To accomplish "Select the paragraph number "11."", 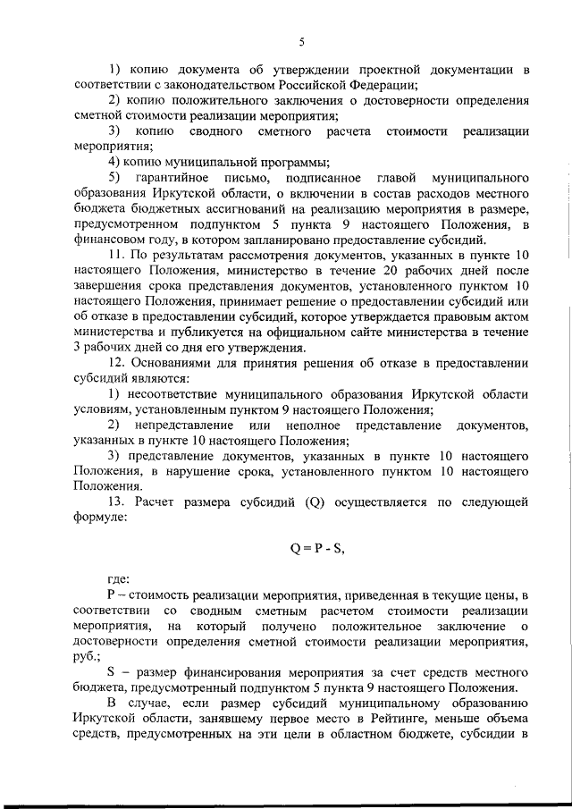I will pyautogui.click(x=118, y=255).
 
